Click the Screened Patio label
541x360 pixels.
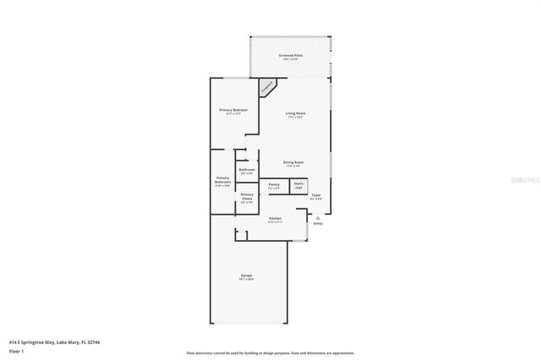pyautogui.click(x=291, y=55)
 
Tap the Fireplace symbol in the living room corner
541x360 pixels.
pyautogui.click(x=267, y=86)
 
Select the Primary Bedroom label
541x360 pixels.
pyautogui.click(x=233, y=110)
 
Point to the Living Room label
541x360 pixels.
pyautogui.click(x=295, y=113)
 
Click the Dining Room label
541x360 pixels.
pyautogui.click(x=293, y=161)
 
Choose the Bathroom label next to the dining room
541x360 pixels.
pyautogui.click(x=247, y=170)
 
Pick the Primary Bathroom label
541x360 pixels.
pyautogui.click(x=222, y=180)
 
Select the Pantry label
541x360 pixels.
pyautogui.click(x=274, y=183)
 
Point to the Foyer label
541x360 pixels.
pyautogui.click(x=315, y=195)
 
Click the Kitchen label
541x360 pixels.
pyautogui.click(x=275, y=219)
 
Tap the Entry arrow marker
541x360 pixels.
pyautogui.click(x=318, y=217)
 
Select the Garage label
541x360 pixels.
pyautogui.click(x=247, y=276)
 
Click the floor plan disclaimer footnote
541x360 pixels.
pyautogui.click(x=270, y=353)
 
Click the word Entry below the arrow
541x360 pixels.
pyautogui.click(x=318, y=224)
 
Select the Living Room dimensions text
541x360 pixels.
pyautogui.click(x=295, y=117)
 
